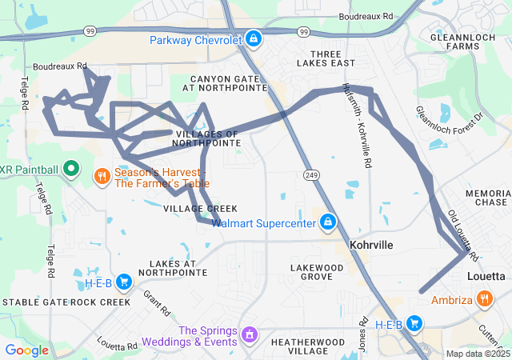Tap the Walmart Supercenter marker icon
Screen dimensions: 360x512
point(327,222)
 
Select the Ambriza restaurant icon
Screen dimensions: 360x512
point(485,300)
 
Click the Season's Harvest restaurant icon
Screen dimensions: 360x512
point(102,176)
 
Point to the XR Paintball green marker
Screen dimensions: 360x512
point(70,169)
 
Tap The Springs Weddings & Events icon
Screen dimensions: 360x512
point(250,332)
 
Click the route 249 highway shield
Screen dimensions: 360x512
point(311,174)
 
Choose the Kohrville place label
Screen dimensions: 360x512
point(371,244)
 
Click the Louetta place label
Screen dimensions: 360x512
point(486,276)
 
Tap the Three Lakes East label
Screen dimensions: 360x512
point(326,58)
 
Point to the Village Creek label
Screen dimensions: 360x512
point(190,208)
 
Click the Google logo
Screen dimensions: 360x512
point(26,350)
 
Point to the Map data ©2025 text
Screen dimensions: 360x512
point(477,354)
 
